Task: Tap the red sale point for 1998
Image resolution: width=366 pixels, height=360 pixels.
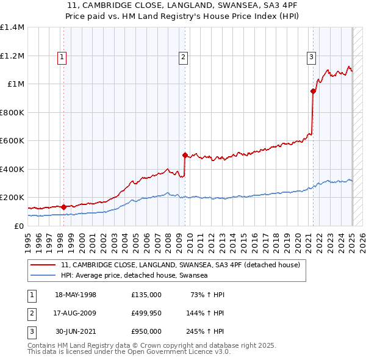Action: (x=63, y=207)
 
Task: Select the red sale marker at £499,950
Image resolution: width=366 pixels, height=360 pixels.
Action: (x=185, y=156)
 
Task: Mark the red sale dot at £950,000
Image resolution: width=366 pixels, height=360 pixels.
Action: (x=313, y=92)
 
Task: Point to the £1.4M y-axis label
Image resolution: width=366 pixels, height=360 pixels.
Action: (x=12, y=27)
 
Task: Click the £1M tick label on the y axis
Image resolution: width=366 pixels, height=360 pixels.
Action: (x=16, y=84)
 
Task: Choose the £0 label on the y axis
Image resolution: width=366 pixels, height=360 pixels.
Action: (x=20, y=226)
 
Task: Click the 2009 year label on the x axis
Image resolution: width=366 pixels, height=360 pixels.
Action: (x=181, y=240)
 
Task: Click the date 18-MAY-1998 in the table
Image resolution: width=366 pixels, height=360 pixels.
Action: (x=76, y=295)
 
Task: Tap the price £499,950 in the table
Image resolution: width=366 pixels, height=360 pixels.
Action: (x=146, y=313)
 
